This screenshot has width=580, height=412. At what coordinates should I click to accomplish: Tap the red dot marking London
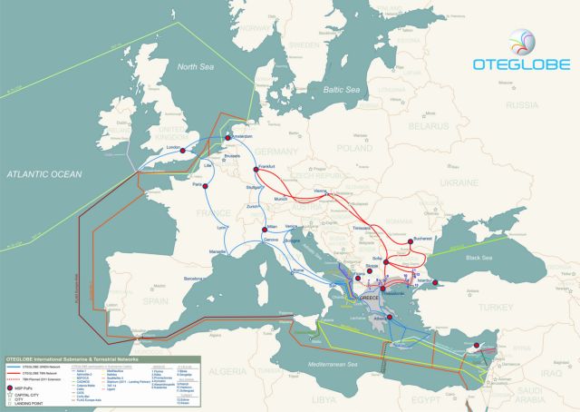[181, 151]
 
